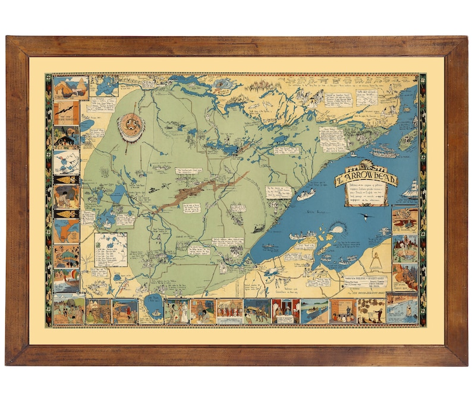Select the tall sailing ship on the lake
coord(410,189)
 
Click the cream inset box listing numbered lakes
coord(111,249)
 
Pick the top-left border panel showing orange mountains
coord(71,88)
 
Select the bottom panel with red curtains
coord(285,310)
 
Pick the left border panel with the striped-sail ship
coord(66,280)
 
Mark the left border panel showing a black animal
coord(66,137)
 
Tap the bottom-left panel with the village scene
coord(69,310)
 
